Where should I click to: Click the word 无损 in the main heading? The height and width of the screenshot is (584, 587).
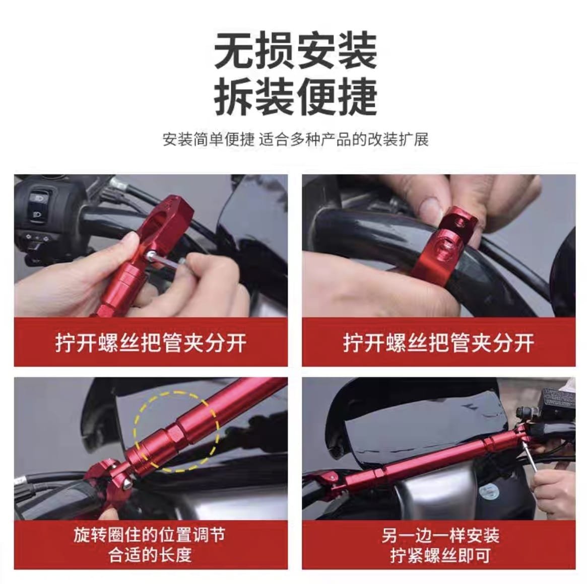click(254, 50)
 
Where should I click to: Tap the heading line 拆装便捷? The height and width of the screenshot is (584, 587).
click(295, 97)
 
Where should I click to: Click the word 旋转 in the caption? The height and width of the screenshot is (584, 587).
click(88, 535)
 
